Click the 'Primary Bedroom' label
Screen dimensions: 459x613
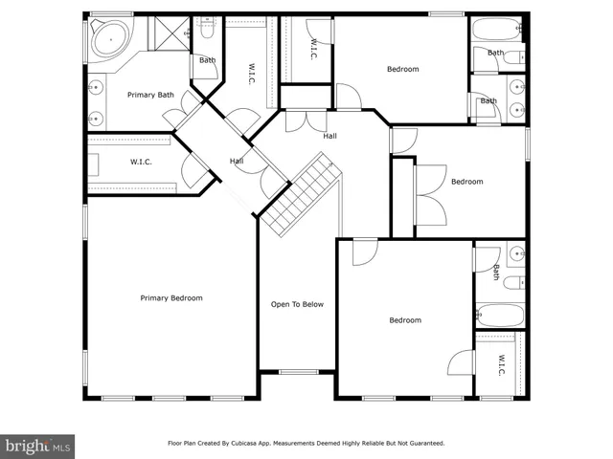(x=171, y=298)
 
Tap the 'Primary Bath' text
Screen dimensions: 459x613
(x=150, y=95)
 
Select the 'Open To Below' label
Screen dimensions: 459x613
(x=297, y=304)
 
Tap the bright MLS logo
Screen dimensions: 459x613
(x=38, y=446)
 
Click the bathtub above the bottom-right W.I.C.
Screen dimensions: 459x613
(x=499, y=315)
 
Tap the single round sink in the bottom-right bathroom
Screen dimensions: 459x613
(x=515, y=253)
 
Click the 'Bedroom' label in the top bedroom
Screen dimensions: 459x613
(x=402, y=69)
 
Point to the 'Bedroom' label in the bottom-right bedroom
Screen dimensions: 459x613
(x=404, y=320)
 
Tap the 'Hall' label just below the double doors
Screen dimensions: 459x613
(x=329, y=136)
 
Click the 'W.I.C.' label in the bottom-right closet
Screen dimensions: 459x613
(x=501, y=364)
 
